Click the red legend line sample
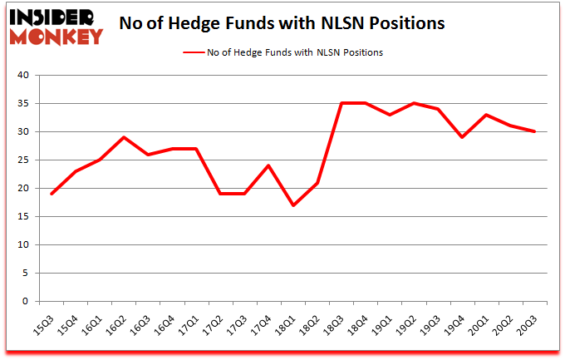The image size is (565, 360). click(194, 52)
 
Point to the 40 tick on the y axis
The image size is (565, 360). click(23, 76)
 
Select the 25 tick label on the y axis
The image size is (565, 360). click(23, 160)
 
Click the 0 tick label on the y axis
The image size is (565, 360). click(26, 302)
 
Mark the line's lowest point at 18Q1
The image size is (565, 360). click(293, 205)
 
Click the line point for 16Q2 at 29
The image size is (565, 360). click(123, 137)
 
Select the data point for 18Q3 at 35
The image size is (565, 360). click(341, 103)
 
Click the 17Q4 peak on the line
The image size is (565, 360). click(268, 165)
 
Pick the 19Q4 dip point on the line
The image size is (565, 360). click(462, 137)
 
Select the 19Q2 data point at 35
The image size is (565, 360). click(414, 103)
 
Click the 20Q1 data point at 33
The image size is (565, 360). click(486, 115)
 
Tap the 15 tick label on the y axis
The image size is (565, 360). click(23, 217)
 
